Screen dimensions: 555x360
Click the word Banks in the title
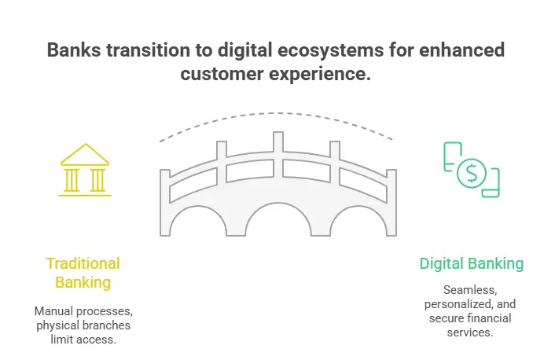74,50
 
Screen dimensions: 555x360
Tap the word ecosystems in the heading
331,50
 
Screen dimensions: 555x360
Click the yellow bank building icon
85,170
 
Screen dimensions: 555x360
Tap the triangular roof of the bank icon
85,155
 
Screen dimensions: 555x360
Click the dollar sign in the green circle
472,173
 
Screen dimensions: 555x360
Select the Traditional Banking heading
83,273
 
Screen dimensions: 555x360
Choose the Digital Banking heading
472,264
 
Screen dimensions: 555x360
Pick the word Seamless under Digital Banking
470,290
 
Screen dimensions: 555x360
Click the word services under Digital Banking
469,332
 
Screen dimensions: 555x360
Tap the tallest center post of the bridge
278,155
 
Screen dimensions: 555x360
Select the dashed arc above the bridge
277,113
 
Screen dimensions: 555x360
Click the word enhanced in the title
462,50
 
